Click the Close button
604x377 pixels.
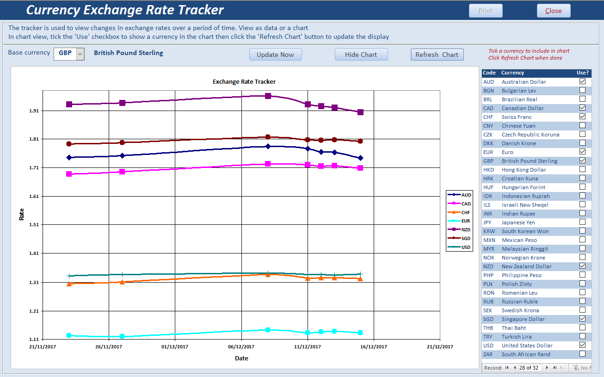point(553,11)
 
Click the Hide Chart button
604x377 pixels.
point(361,55)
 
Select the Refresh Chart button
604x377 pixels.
point(437,55)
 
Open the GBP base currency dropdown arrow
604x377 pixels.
point(80,54)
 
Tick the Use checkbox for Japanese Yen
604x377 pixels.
point(582,222)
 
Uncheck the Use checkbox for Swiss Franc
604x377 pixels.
point(582,117)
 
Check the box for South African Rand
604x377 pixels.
point(582,354)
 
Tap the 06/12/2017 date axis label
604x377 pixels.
point(241,346)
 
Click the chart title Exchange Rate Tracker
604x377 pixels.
point(244,82)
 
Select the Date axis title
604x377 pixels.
point(241,358)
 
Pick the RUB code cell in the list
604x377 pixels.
point(488,302)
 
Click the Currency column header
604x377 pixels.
point(512,73)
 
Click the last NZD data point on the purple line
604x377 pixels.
point(360,112)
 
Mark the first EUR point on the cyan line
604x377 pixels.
point(69,335)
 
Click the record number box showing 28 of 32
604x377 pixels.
point(529,368)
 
